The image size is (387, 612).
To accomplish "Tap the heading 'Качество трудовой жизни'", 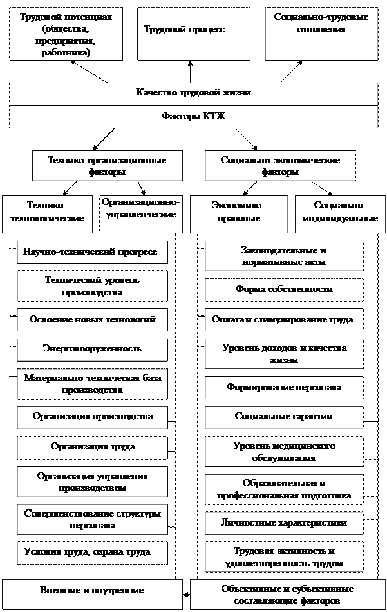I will pos(193,94).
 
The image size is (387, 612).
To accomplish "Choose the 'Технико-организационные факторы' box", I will pos(107,166).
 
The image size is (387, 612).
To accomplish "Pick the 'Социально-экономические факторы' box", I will pos(280,166).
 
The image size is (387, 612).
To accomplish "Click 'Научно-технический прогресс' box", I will pos(92,252).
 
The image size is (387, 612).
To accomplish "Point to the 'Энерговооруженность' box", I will pos(92,349).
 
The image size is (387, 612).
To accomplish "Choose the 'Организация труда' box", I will pos(92,446).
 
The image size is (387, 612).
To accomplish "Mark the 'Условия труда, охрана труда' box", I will pos(92,552).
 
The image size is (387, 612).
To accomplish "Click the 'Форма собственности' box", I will pos(283,290).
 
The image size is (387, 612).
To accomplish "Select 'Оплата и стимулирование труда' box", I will pos(283,320).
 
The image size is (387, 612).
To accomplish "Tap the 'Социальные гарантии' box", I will pos(283,417).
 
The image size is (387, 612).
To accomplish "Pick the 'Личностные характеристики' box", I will pos(283,522).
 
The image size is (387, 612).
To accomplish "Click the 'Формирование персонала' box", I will pos(283,388).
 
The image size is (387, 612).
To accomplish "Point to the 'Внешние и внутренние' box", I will pos(91,591).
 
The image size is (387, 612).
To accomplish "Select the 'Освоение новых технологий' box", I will pos(92,320).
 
